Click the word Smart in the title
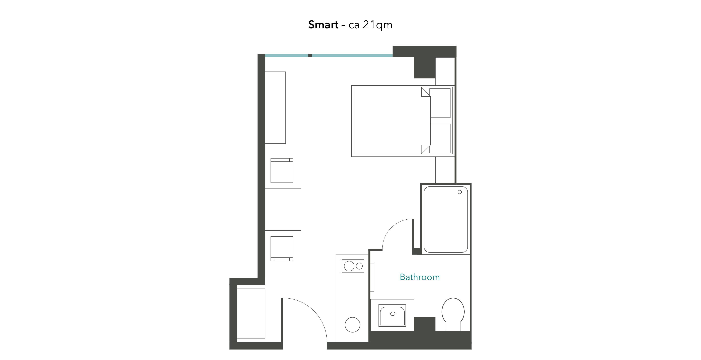323,25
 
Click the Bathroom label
420,277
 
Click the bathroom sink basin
392,316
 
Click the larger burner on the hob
349,266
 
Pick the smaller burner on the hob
359,266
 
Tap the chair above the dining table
282,171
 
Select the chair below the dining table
282,249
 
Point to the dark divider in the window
310,56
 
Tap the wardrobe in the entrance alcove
251,313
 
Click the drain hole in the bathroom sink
393,314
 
